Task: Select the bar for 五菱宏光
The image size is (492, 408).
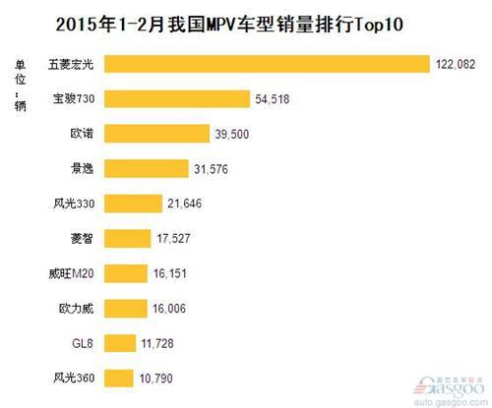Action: pyautogui.click(x=267, y=64)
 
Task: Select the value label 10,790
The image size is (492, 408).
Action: pyautogui.click(x=159, y=377)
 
